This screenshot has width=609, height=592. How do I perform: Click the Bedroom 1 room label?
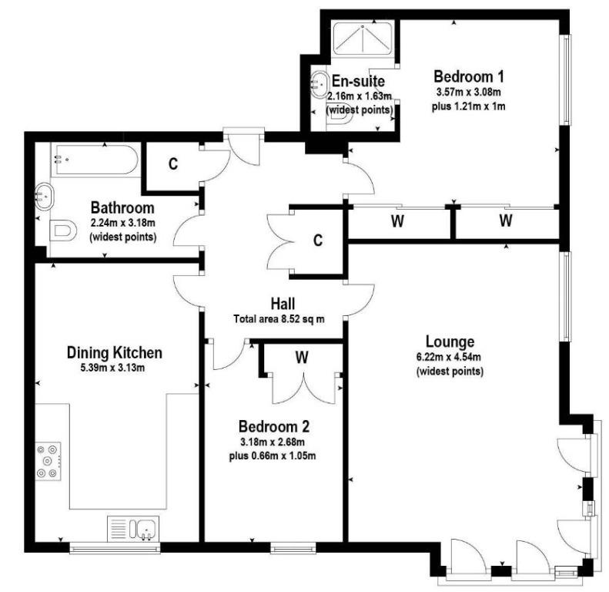coord(468,76)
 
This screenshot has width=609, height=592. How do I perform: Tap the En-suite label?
coord(358,81)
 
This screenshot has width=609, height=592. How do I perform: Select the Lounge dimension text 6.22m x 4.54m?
coord(450,357)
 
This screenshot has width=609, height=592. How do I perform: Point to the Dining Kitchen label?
coord(115,352)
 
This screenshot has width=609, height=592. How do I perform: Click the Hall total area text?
coord(279,319)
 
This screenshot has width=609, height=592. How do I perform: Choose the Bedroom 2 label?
coord(274,426)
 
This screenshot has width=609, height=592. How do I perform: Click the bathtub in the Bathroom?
coord(95,160)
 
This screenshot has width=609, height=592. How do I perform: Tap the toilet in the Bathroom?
coord(62,231)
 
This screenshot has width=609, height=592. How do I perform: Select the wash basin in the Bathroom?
coord(43,197)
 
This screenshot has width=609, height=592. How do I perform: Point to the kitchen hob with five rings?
coord(49,461)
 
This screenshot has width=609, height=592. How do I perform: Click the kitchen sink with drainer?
coord(133,529)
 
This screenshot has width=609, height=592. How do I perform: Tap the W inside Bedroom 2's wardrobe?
coord(301,357)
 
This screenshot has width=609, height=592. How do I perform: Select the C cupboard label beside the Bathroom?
coord(173,163)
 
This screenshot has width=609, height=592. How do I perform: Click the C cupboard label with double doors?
coord(318,240)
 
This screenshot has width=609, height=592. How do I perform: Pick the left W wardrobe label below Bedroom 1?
coord(397,221)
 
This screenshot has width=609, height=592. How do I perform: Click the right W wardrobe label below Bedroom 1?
coord(505,220)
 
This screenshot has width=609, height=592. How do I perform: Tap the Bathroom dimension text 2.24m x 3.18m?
coord(122,223)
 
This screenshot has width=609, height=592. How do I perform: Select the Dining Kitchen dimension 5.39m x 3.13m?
coord(112,368)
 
